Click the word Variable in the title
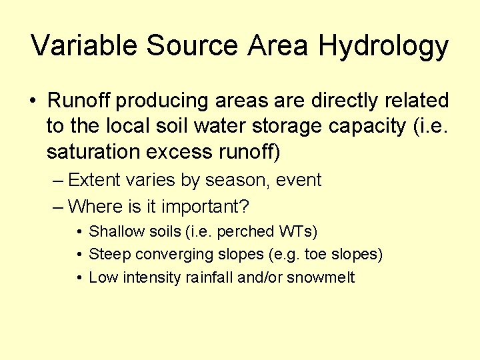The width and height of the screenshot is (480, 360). point(85,46)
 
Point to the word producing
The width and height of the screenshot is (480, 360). point(163,102)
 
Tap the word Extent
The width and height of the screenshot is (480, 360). point(93,180)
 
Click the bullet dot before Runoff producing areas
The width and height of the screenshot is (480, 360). point(33,101)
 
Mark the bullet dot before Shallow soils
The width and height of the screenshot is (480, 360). point(79,232)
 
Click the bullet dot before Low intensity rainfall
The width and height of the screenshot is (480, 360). point(79,277)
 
